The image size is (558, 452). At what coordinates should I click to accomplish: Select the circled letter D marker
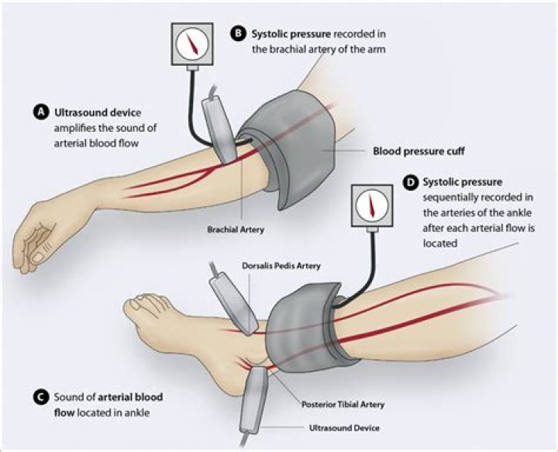(x=411, y=183)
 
